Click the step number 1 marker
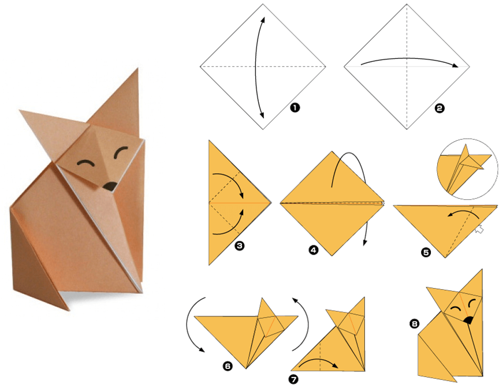pos(295,108)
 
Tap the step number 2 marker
pos(440,108)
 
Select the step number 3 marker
pos(239,246)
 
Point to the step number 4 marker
pos(314,250)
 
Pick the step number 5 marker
pos(426,252)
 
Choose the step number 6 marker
pos(228,366)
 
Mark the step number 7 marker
pos(293,379)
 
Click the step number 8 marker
pos(414,324)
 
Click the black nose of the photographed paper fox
pos(110,186)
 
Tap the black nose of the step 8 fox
pos(468,320)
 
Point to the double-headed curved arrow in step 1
pos(256,68)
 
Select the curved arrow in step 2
pos(409,58)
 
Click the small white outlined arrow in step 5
pos(479,229)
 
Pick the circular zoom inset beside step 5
pos(467,169)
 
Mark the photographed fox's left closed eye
pos(85,163)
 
